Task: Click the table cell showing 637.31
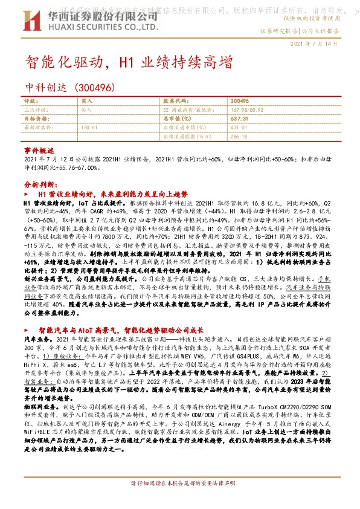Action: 239,119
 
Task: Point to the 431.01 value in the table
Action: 239,128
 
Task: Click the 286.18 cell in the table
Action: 239,137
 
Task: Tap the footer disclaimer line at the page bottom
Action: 179,501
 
